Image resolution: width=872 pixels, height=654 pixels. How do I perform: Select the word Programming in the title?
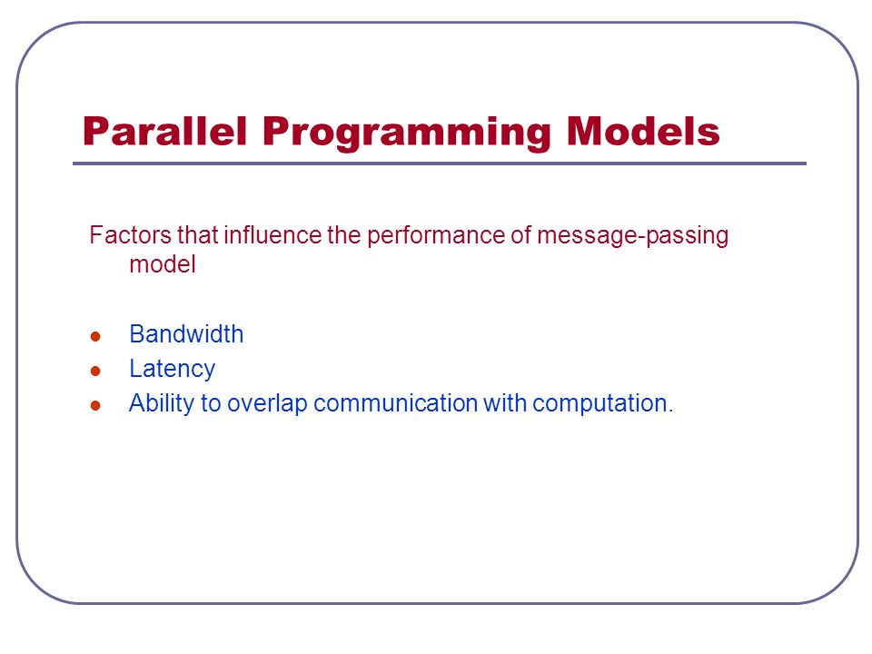(407, 134)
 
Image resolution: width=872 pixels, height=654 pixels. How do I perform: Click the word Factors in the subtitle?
(130, 234)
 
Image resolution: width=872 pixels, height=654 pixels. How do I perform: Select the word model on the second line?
(163, 264)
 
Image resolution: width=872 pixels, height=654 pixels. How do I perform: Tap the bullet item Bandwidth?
(186, 334)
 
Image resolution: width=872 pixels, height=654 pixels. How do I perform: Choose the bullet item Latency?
(172, 370)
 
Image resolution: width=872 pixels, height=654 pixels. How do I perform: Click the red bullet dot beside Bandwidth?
(95, 336)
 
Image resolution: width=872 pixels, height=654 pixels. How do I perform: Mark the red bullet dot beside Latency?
(95, 371)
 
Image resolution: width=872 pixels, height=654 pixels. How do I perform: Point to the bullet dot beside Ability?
(95, 405)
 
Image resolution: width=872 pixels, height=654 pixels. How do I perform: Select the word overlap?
(267, 403)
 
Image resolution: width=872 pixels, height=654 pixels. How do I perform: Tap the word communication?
(395, 403)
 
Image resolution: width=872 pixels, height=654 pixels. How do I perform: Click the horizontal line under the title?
(440, 163)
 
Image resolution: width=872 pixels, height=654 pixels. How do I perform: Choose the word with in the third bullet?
(504, 403)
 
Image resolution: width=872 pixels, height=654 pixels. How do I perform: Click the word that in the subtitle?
(197, 234)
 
